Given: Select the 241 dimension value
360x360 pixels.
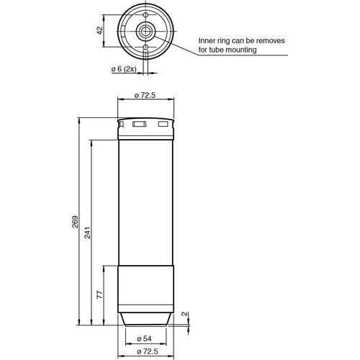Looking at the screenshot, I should click(x=88, y=233).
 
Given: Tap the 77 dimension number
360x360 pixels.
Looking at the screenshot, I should click(x=101, y=294).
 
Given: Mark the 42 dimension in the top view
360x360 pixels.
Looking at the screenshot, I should click(x=100, y=31).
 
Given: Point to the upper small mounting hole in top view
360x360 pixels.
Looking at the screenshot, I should click(x=145, y=15).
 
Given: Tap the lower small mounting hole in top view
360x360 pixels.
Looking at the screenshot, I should click(x=145, y=48).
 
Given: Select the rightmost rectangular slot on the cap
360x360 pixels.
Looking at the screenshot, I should click(x=163, y=126).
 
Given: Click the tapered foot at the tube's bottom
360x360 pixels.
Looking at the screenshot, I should click(x=145, y=318).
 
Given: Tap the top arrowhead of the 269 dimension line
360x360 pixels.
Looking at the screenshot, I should click(x=78, y=119).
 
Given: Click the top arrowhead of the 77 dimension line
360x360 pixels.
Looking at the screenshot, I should click(x=103, y=269).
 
